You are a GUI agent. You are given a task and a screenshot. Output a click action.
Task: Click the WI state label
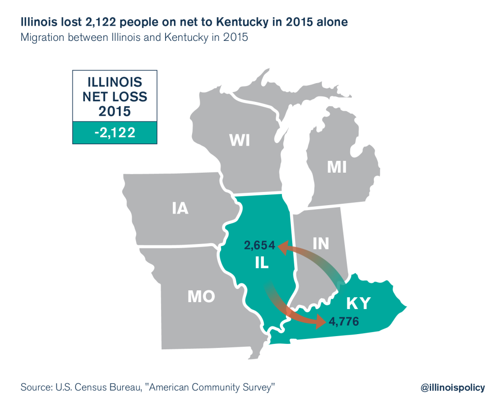coord(239,140)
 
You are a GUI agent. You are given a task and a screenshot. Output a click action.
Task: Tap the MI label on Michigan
coord(337,167)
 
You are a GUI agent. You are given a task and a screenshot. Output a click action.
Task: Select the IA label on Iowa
coord(180,208)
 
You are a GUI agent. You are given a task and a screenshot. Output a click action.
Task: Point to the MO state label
coord(201,296)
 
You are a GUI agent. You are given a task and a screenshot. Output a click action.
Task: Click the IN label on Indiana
coord(321,244)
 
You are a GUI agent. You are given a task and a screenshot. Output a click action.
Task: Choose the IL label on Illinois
coord(262,263)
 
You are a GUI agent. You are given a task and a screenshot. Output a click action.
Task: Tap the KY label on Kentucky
coord(358,304)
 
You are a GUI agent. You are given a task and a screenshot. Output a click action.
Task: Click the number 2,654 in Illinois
coord(259,246)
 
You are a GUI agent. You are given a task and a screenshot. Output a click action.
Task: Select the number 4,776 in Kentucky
coord(343,321)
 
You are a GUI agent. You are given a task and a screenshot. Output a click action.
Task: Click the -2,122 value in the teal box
coord(115,133)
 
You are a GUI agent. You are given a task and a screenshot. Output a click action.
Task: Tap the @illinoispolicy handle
coord(452,388)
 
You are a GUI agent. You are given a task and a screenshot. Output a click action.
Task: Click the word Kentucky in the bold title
coord(242,22)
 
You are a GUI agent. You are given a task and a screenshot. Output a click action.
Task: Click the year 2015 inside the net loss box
coord(114,112)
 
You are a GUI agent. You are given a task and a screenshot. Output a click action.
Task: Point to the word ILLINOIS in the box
coord(115,82)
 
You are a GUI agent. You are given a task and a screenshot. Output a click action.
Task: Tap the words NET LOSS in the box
coord(115,97)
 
